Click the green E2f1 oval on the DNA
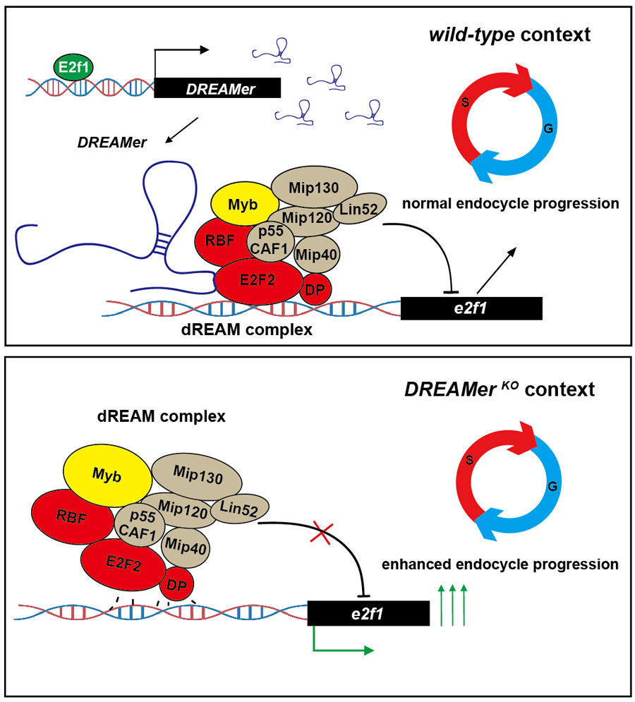click(x=73, y=68)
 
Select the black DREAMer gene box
click(x=217, y=87)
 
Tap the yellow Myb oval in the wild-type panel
click(x=243, y=205)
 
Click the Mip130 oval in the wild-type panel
click(x=314, y=188)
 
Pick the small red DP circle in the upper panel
click(x=315, y=290)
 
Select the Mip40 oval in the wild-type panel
click(x=317, y=255)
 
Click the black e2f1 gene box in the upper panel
click(x=471, y=308)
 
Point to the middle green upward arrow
click(x=452, y=605)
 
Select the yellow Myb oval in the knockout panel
click(x=107, y=476)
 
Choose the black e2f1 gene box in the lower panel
click(x=368, y=613)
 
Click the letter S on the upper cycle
click(x=465, y=102)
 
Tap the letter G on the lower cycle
click(x=552, y=486)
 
